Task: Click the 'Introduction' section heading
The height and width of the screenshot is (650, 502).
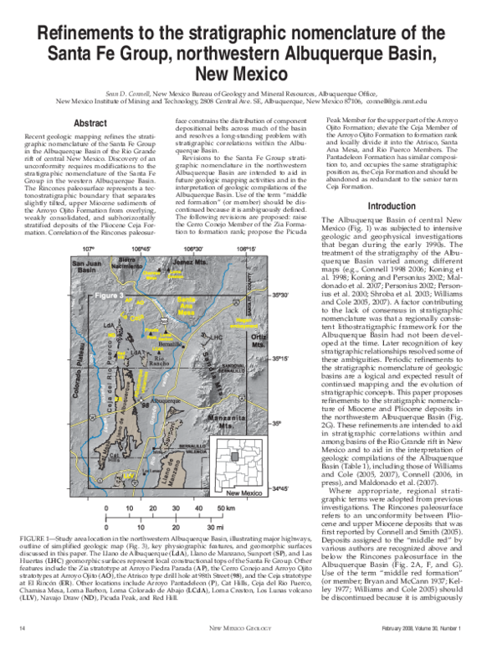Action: (392, 206)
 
